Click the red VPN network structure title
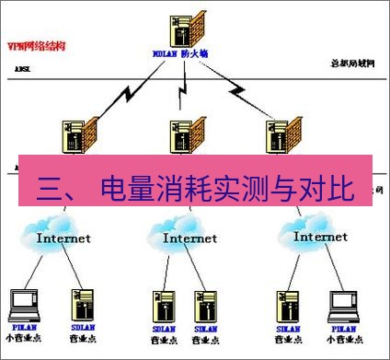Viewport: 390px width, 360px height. point(33,44)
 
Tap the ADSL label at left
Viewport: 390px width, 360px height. point(22,69)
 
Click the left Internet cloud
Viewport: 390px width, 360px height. point(62,236)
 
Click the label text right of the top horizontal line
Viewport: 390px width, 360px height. point(354,63)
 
